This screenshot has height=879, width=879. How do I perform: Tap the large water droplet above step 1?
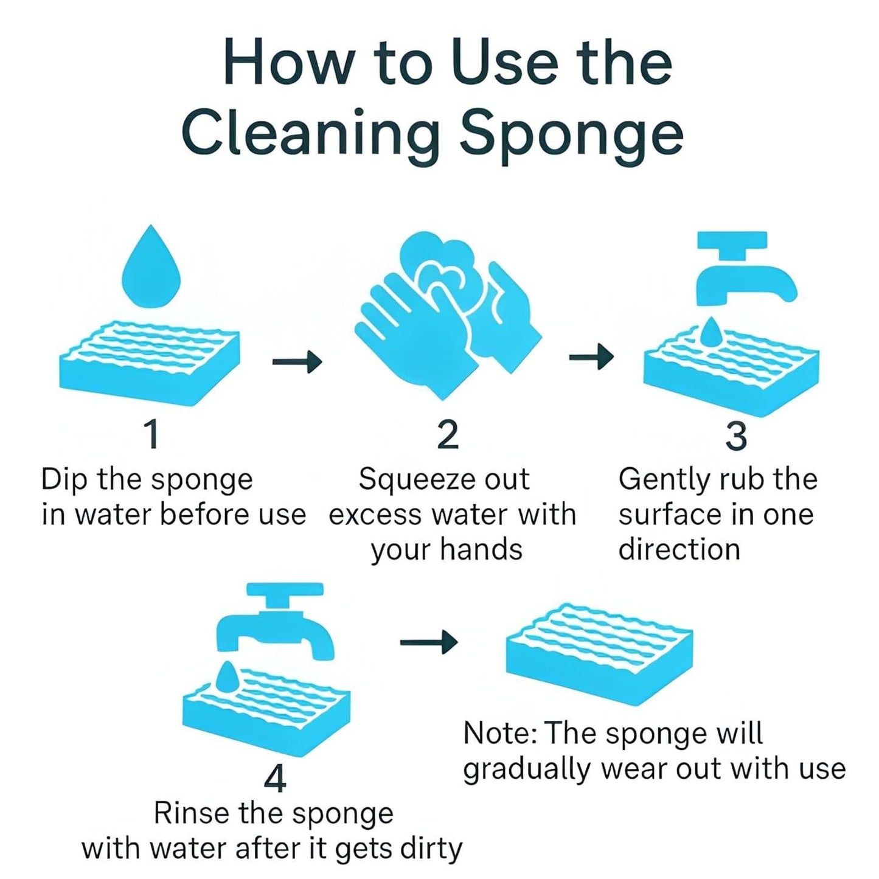pos(151,268)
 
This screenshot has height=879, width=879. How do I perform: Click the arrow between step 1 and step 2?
pos(297,362)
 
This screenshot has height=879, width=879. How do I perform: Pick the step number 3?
pos(736,436)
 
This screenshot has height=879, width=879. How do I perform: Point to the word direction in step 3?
pos(679,549)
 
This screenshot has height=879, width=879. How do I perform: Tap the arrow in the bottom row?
pos(429,641)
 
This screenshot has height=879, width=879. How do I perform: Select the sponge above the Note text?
pos(599,654)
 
